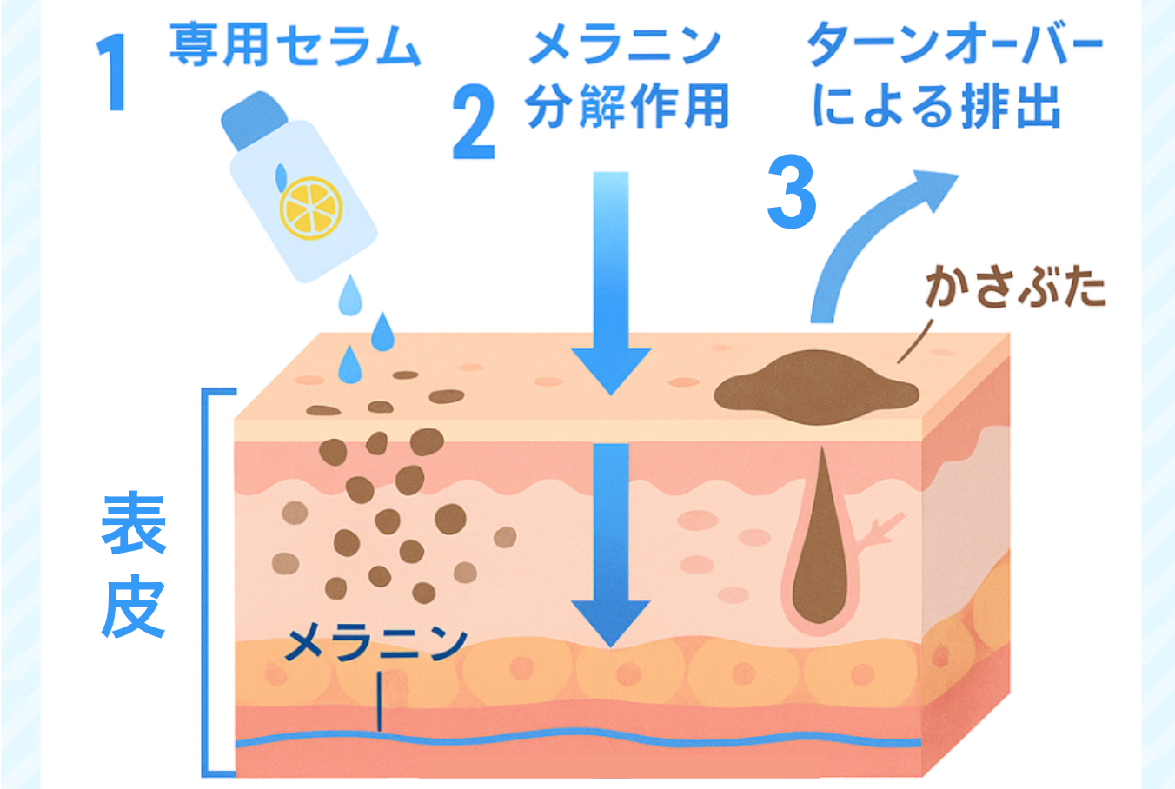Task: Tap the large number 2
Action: pos(475,124)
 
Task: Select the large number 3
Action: pos(792,192)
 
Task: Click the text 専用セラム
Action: pos(295,46)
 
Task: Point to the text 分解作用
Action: pos(627,108)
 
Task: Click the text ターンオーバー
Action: pos(954,46)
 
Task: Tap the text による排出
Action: pos(936,108)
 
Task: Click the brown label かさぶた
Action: pos(1014,287)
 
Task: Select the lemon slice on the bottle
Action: pos(310,207)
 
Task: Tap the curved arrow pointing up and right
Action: pos(878,235)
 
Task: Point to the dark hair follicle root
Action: pos(820,556)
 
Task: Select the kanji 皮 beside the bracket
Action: pos(133,606)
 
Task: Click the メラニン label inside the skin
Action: pos(375,643)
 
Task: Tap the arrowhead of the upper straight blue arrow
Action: pos(611,369)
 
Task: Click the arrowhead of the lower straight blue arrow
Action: pos(611,622)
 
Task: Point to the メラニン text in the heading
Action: pos(625,46)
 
